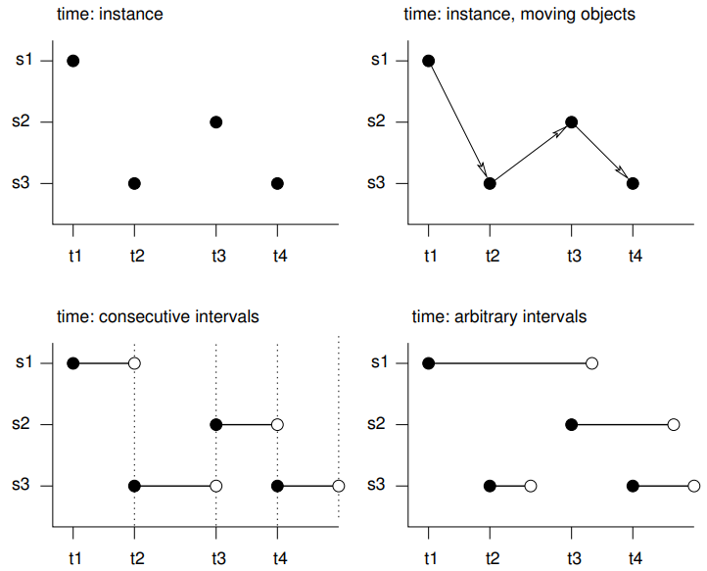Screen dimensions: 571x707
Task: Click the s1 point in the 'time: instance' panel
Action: coord(72,61)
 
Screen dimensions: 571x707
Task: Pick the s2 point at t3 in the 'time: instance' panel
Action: coord(215,122)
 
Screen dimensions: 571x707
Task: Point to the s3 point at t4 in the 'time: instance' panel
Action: coord(277,183)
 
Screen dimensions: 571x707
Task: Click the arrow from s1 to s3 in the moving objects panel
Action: coord(458,121)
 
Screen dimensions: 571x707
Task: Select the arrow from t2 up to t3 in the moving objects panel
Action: coord(530,153)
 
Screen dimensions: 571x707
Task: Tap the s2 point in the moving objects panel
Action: coord(571,122)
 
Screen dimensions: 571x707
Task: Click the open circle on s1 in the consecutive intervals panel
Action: coord(134,363)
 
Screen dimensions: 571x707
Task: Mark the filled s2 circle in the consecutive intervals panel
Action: coord(215,424)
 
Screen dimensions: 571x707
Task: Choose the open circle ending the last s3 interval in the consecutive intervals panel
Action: coord(338,486)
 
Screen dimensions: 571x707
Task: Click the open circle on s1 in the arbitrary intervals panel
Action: coord(591,363)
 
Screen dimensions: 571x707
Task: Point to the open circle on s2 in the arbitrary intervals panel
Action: coord(674,424)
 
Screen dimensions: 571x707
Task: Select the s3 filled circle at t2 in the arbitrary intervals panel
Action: coord(490,486)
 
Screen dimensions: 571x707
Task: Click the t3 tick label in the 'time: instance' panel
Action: coord(218,256)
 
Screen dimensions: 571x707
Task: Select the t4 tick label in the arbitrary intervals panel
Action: coord(635,557)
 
